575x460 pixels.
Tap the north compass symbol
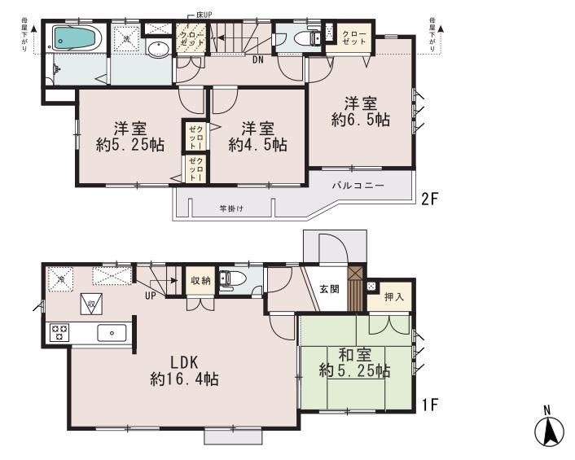(550, 429)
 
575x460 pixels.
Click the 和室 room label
(355, 362)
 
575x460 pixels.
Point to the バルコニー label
(356, 186)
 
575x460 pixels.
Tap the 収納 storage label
(200, 279)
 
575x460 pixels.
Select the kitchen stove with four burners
(60, 331)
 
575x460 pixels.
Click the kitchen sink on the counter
(110, 332)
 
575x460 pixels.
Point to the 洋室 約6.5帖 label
(360, 112)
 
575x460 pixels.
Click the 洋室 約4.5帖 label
(257, 136)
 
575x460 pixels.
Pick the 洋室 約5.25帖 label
(127, 136)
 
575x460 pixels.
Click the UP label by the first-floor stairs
(150, 295)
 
